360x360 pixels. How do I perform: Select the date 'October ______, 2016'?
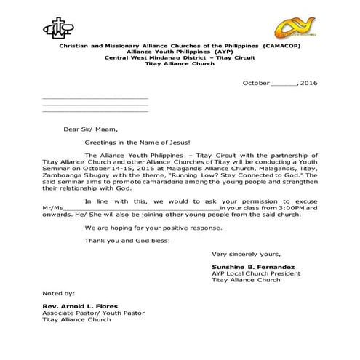(x=279, y=84)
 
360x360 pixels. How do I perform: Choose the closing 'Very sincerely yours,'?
(x=245, y=254)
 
